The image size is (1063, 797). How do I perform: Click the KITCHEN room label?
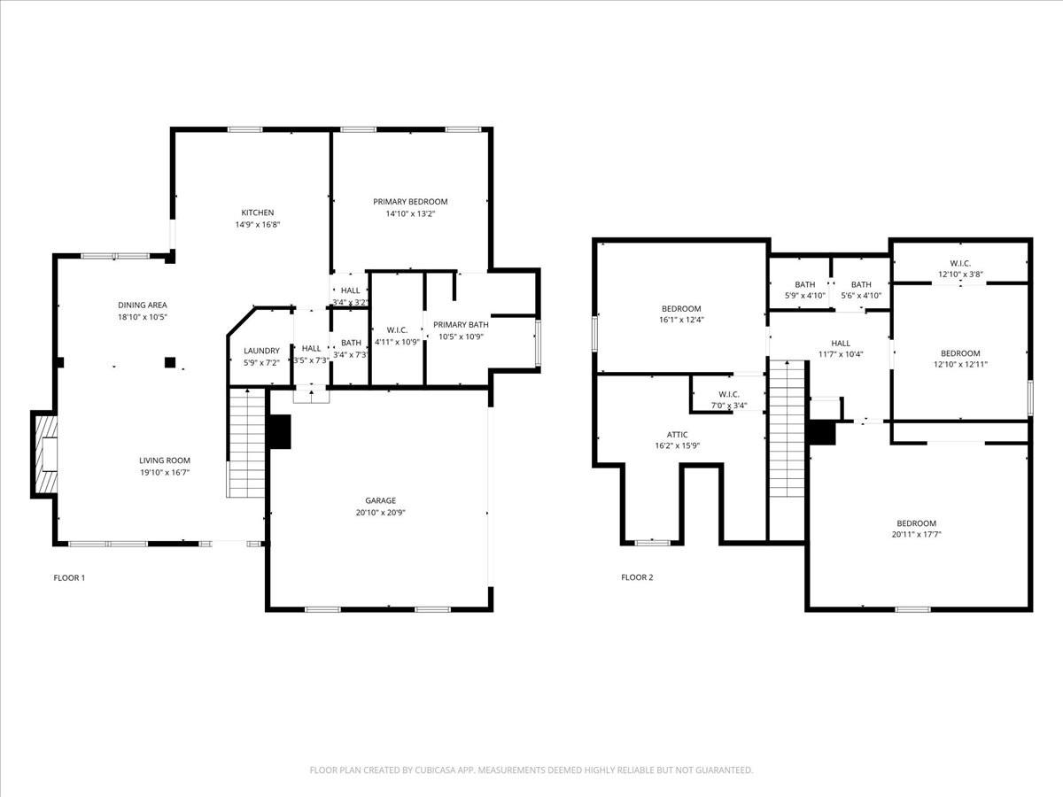pyautogui.click(x=258, y=213)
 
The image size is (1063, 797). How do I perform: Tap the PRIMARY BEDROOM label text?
pyautogui.click(x=410, y=202)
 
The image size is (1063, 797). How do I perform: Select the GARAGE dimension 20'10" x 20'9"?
pyautogui.click(x=381, y=513)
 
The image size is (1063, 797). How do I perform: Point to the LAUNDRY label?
pyautogui.click(x=261, y=351)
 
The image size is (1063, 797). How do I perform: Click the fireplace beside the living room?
pyautogui.click(x=44, y=454)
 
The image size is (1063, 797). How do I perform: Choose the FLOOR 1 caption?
pyautogui.click(x=69, y=577)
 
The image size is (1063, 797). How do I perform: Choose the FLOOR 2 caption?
pyautogui.click(x=637, y=577)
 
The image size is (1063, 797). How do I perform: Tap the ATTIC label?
pyautogui.click(x=677, y=435)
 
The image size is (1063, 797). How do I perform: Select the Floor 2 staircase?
pyautogui.click(x=787, y=429)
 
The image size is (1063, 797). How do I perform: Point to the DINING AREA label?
pyautogui.click(x=143, y=306)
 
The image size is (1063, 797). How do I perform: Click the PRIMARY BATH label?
pyautogui.click(x=461, y=325)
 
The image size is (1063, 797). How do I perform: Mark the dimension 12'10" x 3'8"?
pyautogui.click(x=961, y=275)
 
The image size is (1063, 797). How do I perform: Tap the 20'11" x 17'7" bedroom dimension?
pyautogui.click(x=916, y=535)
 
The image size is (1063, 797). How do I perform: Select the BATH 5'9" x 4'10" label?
pyautogui.click(x=805, y=290)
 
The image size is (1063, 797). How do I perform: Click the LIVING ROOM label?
pyautogui.click(x=165, y=460)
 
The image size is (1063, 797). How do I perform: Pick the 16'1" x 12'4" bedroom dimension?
pyautogui.click(x=681, y=320)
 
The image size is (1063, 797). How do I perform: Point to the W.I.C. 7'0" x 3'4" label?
pyautogui.click(x=729, y=400)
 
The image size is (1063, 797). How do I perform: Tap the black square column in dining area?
pyautogui.click(x=170, y=362)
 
